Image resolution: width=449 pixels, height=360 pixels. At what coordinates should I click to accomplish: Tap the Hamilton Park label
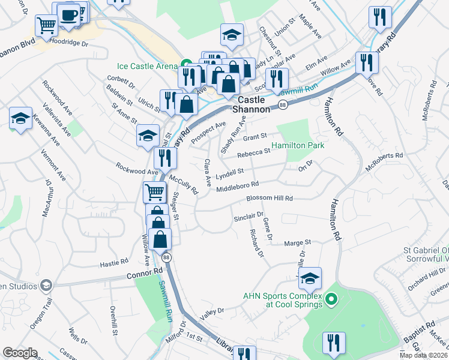click(x=298, y=146)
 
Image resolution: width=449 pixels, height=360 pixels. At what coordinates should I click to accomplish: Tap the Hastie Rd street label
click(x=115, y=262)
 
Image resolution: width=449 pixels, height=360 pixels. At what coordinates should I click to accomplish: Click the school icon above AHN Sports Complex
click(x=310, y=278)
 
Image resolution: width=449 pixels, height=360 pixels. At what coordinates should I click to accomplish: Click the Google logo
click(x=20, y=353)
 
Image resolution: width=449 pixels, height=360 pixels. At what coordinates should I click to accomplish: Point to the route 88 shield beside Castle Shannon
click(x=282, y=105)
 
